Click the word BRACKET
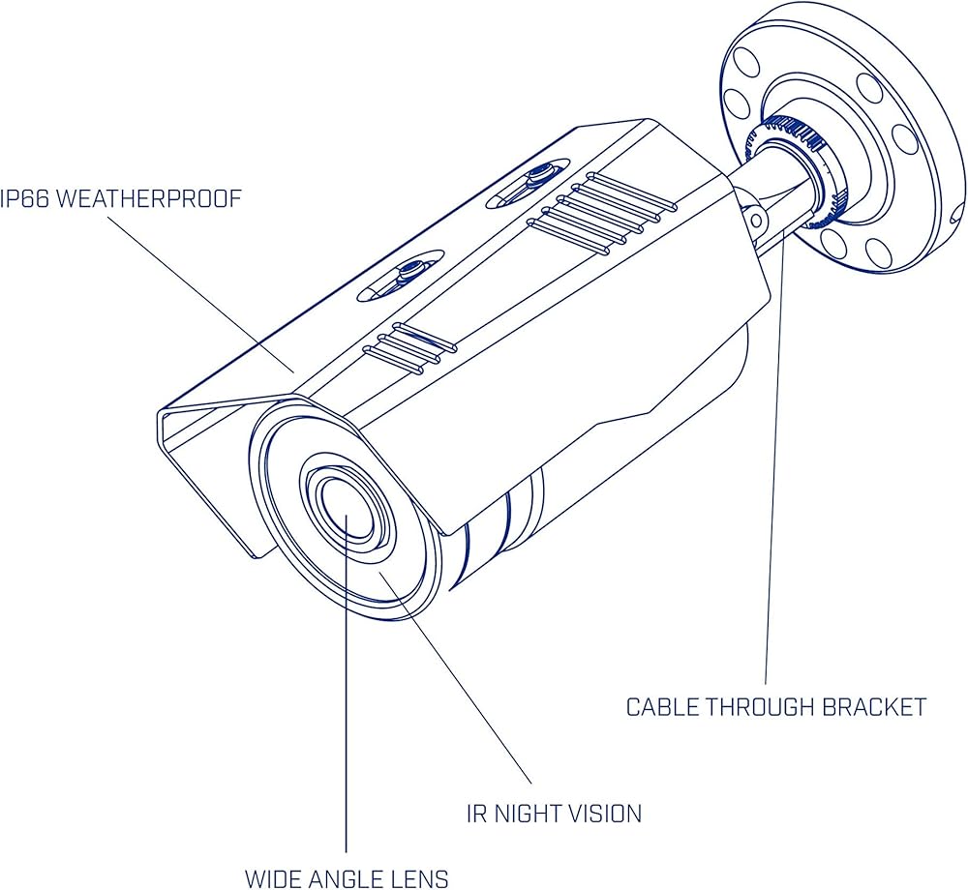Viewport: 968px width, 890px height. point(874,707)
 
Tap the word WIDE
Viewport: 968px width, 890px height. point(274,879)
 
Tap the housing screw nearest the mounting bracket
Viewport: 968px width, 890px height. point(534,179)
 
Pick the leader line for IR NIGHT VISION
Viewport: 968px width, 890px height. point(455,677)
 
